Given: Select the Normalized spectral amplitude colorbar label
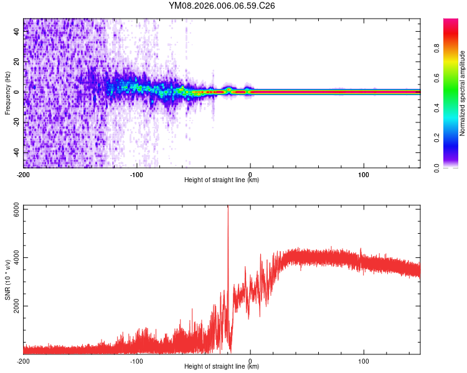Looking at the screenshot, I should [x=462, y=93].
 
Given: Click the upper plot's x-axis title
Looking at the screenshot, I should [x=222, y=180].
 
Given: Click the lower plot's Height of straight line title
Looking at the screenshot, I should [x=222, y=367].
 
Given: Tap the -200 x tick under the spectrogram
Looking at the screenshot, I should [x=24, y=174].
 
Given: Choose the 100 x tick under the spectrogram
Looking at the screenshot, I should [x=364, y=174].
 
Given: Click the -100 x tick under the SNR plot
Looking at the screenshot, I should [x=136, y=361].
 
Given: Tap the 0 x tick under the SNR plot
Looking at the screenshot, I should [x=250, y=361].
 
